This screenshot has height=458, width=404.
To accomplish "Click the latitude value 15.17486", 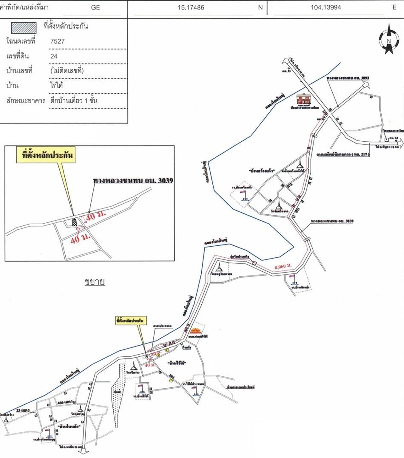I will point(191,8).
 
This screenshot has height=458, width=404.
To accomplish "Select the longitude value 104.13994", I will point(325,8).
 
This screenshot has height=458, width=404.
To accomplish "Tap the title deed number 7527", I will point(57,41).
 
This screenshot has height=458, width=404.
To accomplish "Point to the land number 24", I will point(54,56).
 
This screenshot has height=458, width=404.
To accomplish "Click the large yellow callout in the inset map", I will point(46,156).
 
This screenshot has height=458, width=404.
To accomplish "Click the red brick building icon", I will point(304,99).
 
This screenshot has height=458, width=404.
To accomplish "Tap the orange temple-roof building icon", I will point(196,331).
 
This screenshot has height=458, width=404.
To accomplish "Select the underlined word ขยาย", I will point(94,281).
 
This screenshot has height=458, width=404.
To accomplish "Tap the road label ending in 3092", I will point(348,78).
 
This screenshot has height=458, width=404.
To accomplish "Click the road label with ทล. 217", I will point(343,155).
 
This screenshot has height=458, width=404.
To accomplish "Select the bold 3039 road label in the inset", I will point(133,181).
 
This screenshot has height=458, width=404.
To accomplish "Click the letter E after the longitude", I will point(395,8).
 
